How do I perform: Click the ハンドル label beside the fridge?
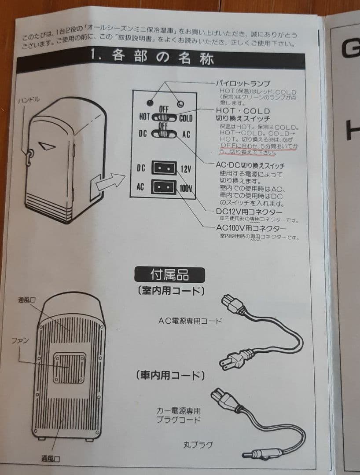pos(29,100)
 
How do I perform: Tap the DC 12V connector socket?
pos(164,168)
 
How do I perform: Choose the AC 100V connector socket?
pos(164,187)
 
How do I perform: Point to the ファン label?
pos(18,341)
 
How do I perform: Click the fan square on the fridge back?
pos(69,368)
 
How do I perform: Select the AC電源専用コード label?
pos(190,321)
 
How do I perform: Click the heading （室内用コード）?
pos(171,290)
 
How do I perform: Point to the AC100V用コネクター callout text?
pos(251,228)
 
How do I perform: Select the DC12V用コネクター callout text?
pos(249,212)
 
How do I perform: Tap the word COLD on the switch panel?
pos(186,117)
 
